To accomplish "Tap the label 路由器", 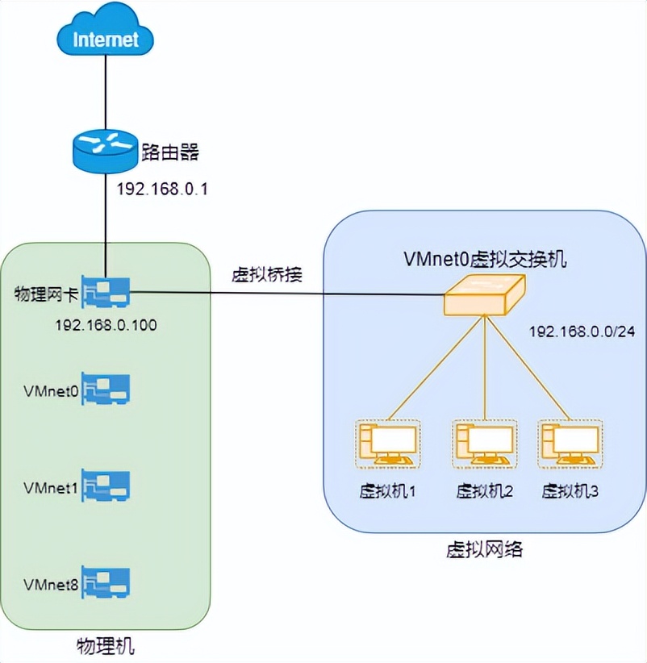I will click(x=169, y=151).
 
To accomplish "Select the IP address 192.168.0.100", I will click(x=106, y=326).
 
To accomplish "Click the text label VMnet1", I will click(x=52, y=489).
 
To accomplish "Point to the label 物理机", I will click(x=105, y=645).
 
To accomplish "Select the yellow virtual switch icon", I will click(x=484, y=295).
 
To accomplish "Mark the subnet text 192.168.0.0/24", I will click(x=582, y=331).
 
